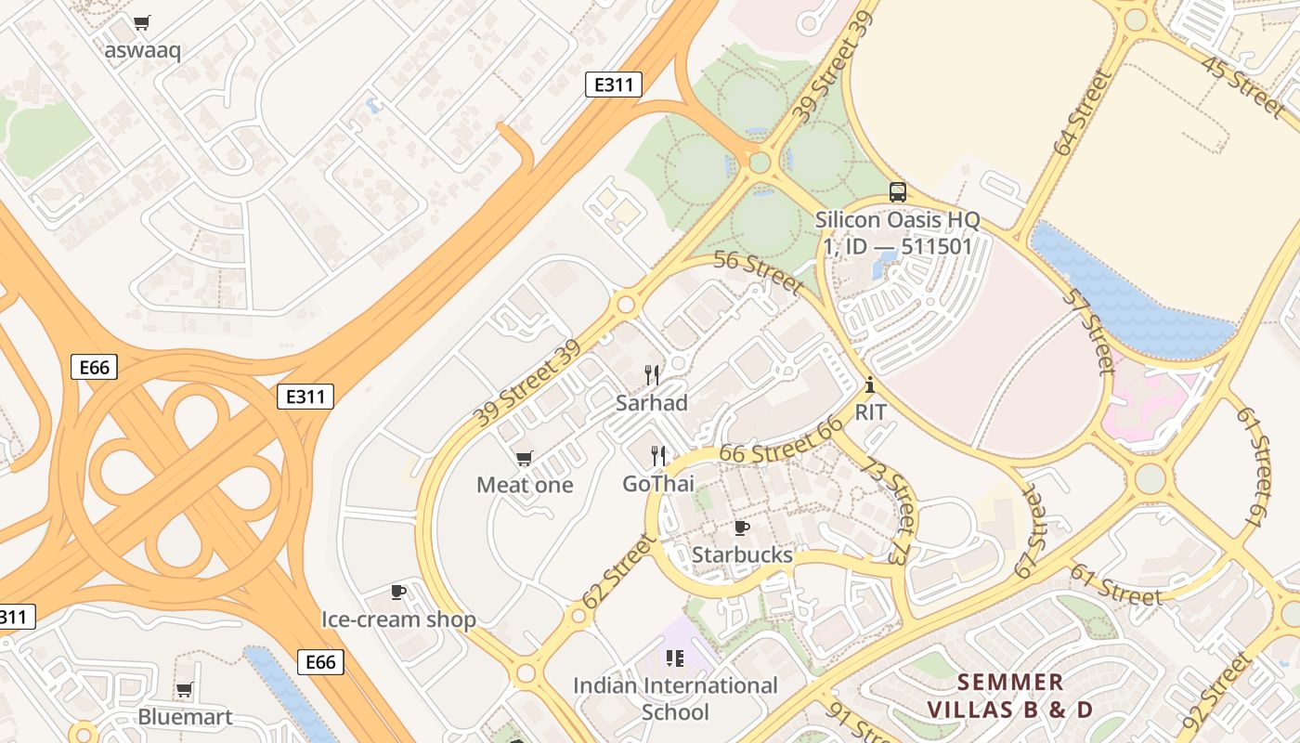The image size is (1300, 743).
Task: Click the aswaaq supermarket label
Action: pyautogui.click(x=142, y=49)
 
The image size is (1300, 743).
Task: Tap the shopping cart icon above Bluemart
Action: pyautogui.click(x=184, y=690)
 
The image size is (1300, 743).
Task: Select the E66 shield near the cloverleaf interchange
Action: pyautogui.click(x=94, y=367)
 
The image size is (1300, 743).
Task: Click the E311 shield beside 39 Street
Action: pyautogui.click(x=614, y=85)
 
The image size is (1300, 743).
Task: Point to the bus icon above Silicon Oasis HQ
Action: pyautogui.click(x=897, y=192)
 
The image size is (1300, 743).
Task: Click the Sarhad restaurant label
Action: pyautogui.click(x=652, y=402)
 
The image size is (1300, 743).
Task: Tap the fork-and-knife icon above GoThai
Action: pyautogui.click(x=658, y=455)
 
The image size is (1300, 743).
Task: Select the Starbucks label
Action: pyautogui.click(x=742, y=554)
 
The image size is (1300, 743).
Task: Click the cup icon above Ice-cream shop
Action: pyautogui.click(x=398, y=592)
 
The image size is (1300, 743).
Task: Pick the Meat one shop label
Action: pyautogui.click(x=525, y=484)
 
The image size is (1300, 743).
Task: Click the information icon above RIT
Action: pyautogui.click(x=870, y=385)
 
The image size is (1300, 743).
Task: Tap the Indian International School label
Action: pyautogui.click(x=675, y=698)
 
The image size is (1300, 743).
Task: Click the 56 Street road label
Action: pyautogui.click(x=759, y=272)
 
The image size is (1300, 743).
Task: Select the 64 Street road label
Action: pyautogui.click(x=1083, y=112)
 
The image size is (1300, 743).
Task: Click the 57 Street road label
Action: pyautogui.click(x=1087, y=331)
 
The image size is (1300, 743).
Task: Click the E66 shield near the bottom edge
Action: pyautogui.click(x=320, y=661)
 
